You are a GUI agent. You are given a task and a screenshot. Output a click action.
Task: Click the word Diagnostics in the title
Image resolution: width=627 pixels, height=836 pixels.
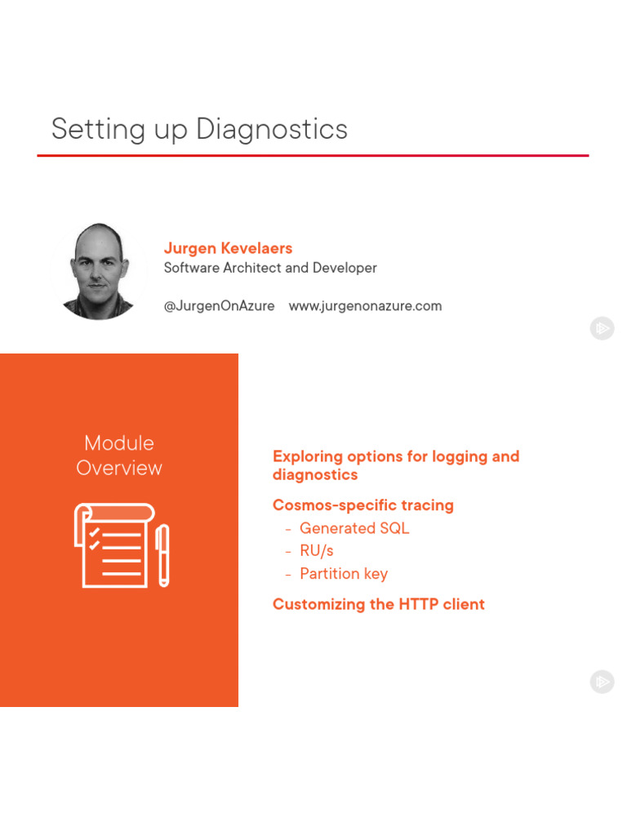click(x=272, y=130)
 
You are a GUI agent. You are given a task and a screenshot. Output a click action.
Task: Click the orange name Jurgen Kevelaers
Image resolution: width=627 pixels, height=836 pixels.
click(x=228, y=248)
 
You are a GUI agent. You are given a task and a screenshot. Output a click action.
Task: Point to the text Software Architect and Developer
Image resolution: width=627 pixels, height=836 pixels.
click(x=270, y=268)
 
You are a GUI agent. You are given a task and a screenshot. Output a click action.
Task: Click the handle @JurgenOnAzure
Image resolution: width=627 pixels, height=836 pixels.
click(x=219, y=306)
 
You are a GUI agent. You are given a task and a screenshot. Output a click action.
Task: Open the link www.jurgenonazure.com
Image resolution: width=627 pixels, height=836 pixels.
click(x=365, y=306)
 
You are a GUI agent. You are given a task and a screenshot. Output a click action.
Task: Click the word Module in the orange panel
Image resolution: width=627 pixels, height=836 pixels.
click(x=119, y=443)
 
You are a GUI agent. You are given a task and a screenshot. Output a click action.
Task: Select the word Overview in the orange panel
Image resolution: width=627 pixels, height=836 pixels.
click(x=119, y=468)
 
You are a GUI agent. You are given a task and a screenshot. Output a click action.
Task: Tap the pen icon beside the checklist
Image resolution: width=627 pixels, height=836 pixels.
click(x=162, y=555)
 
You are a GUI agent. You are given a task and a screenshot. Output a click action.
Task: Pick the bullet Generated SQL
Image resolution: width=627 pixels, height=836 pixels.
click(x=354, y=528)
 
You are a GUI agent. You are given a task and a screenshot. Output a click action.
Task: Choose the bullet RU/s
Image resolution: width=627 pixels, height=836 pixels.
click(x=317, y=551)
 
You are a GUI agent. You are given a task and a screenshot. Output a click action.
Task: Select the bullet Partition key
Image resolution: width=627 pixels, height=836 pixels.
click(x=344, y=574)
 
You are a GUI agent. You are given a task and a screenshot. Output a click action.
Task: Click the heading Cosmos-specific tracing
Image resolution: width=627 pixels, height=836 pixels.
click(x=363, y=505)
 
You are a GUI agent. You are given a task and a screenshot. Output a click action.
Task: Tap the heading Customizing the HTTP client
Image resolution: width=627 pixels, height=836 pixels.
click(x=379, y=604)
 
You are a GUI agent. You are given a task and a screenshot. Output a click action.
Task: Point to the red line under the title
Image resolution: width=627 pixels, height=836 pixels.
click(x=313, y=155)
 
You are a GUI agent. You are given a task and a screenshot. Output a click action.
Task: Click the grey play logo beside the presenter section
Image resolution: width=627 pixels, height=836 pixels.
click(x=602, y=328)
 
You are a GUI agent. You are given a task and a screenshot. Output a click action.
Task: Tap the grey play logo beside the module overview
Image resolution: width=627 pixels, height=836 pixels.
click(x=602, y=682)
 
